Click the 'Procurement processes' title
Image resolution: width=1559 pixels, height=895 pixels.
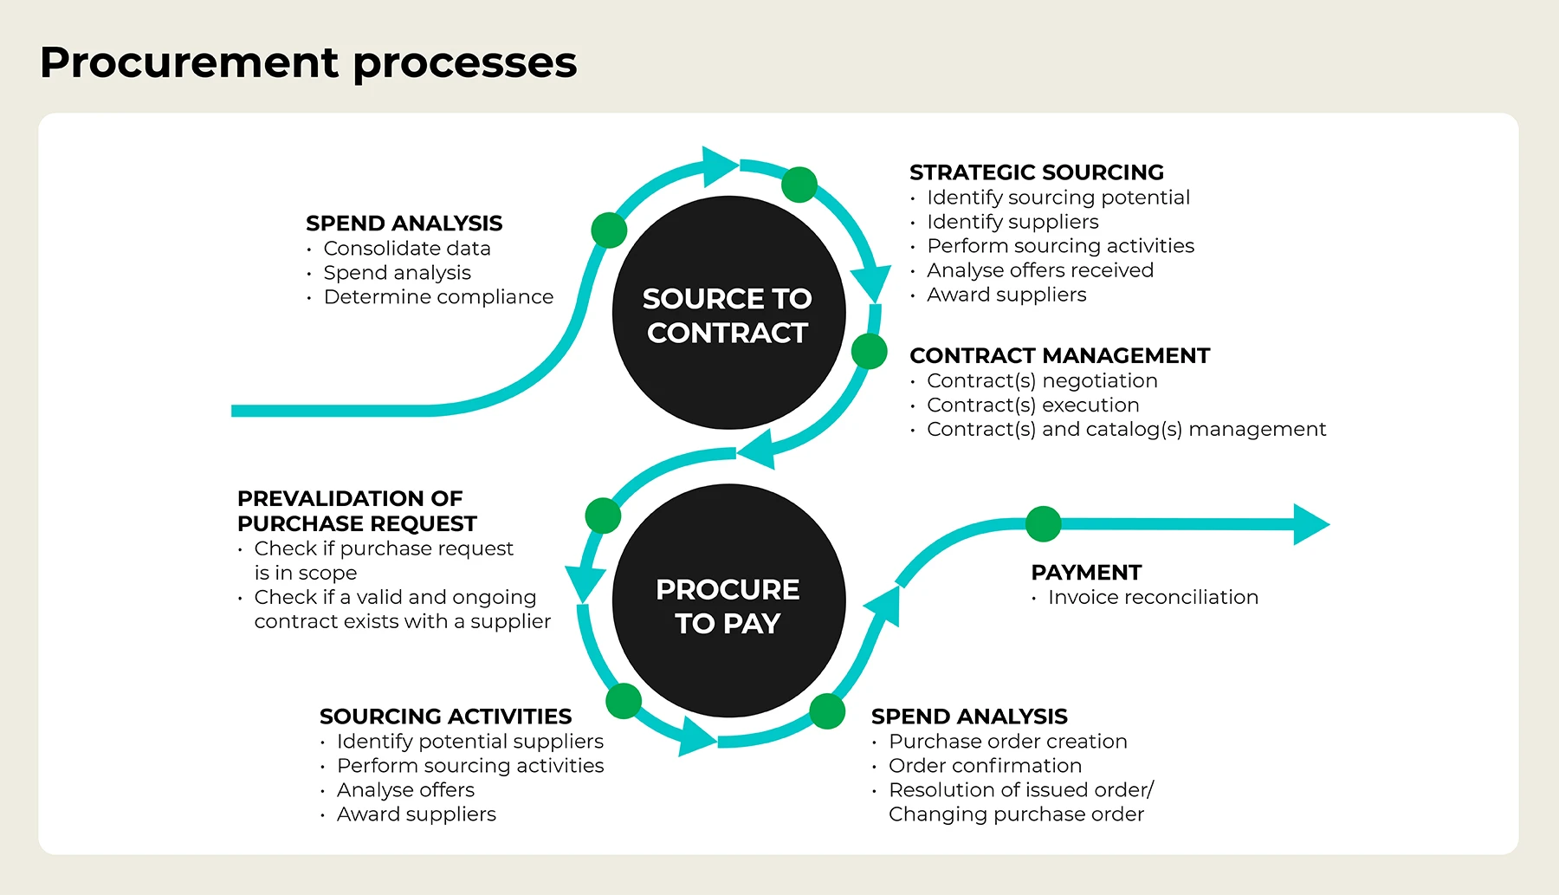coord(308,63)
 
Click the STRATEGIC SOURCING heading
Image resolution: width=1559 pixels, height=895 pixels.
coord(1036,172)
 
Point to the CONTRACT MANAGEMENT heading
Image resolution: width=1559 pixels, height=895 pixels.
coord(1059,356)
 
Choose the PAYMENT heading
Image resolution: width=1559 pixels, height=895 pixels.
coord(1086,573)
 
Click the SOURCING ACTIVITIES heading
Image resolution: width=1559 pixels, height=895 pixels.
coord(445,717)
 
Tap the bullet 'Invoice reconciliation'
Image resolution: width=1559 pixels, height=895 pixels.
coord(1152,597)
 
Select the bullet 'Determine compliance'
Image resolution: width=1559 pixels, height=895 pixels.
coord(437,297)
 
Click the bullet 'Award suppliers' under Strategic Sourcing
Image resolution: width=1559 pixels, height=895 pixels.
coord(1006,295)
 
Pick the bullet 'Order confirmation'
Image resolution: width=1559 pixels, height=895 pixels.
coord(985,766)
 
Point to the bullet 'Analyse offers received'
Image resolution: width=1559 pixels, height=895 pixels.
coord(1039,270)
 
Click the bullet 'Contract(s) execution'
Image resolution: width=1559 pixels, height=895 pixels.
coord(1032,405)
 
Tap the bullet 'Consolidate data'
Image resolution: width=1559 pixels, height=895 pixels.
coord(406,249)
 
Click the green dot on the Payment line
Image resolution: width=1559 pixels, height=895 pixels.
coord(1043,524)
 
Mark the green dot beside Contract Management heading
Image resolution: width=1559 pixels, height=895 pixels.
coord(869,352)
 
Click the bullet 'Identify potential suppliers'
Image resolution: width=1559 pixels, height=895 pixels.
coord(469,742)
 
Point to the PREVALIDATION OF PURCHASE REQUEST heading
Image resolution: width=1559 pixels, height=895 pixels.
coord(356,511)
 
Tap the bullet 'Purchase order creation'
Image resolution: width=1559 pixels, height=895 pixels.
coord(1007,742)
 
